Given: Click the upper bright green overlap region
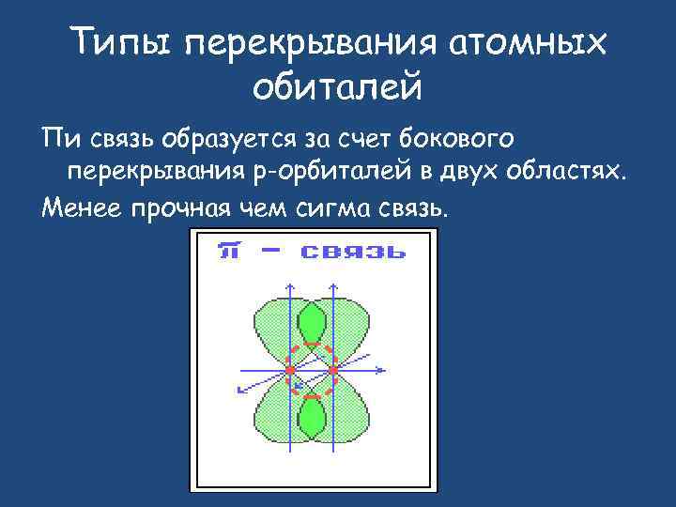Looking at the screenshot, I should [311, 324].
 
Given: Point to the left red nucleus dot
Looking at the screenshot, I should [291, 370].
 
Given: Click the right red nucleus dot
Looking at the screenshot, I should [331, 370].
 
